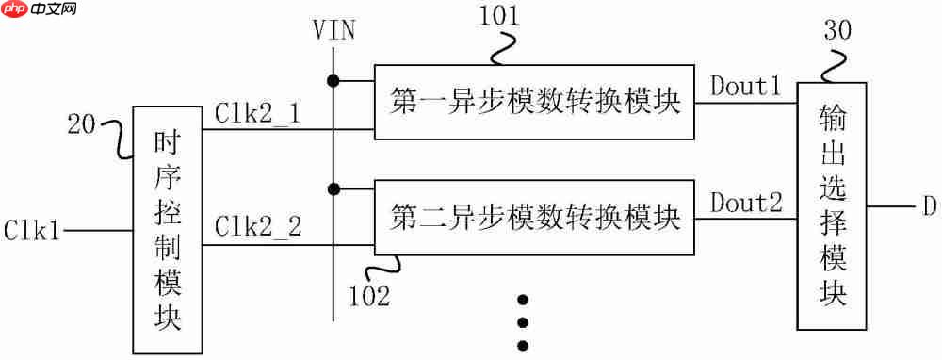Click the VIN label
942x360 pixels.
pos(333,30)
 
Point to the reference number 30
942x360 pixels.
pos(836,30)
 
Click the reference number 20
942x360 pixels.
pos(83,123)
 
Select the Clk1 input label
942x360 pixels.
pos(32,229)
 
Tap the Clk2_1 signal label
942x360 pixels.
pos(257,113)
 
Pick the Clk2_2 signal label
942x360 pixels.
pos(257,227)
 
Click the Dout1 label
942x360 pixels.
pos(745,88)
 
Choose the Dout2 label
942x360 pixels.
pos(745,202)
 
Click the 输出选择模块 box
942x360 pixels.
pos(833,205)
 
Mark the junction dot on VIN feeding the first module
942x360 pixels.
pos(333,78)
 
